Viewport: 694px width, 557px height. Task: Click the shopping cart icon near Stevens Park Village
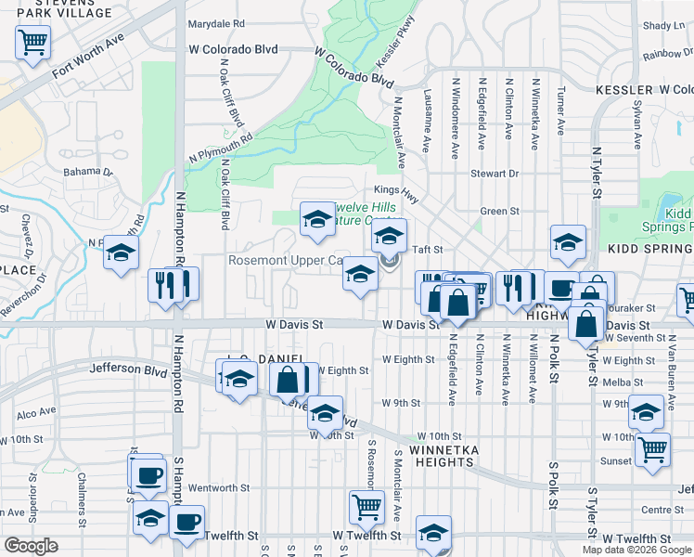point(32,42)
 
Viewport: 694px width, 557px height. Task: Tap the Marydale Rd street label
point(215,23)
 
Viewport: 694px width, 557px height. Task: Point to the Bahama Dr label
point(87,172)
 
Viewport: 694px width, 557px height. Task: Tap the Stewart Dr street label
point(494,174)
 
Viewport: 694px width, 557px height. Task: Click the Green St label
point(500,212)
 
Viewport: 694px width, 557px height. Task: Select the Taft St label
point(428,250)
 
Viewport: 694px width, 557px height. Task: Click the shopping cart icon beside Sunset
point(653,449)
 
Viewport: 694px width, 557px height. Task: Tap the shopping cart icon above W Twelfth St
point(366,507)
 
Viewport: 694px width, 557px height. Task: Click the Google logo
point(31,546)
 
